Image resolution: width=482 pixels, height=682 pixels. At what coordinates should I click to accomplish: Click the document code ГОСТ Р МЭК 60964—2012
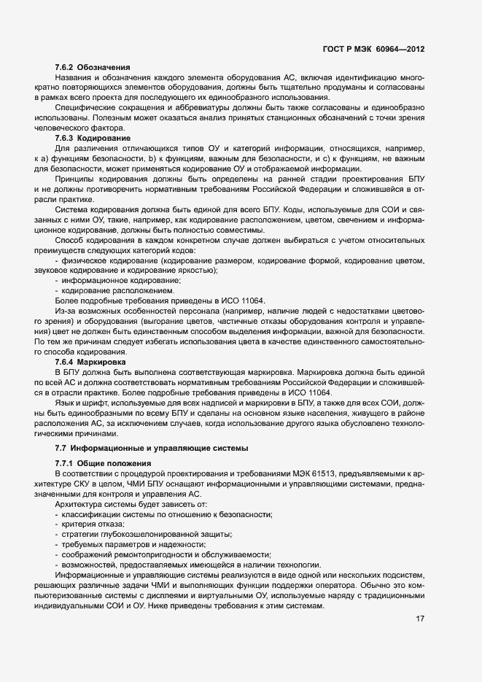click(373, 48)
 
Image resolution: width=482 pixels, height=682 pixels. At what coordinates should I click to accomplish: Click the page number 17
click(420, 619)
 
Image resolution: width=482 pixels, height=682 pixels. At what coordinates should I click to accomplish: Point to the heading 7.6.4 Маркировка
click(91, 362)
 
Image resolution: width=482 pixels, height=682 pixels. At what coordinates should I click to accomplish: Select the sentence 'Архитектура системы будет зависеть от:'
click(131, 505)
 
